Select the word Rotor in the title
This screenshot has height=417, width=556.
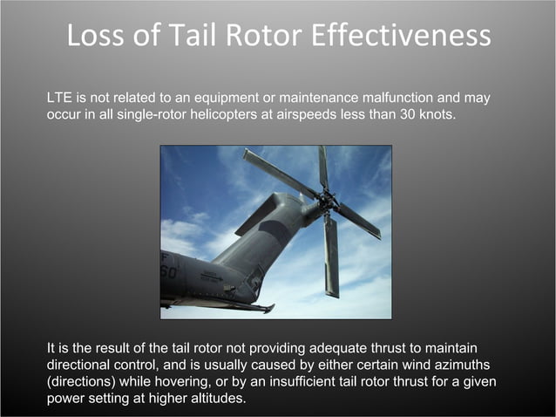click(x=250, y=36)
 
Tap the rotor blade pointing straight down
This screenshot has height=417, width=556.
click(x=331, y=257)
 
